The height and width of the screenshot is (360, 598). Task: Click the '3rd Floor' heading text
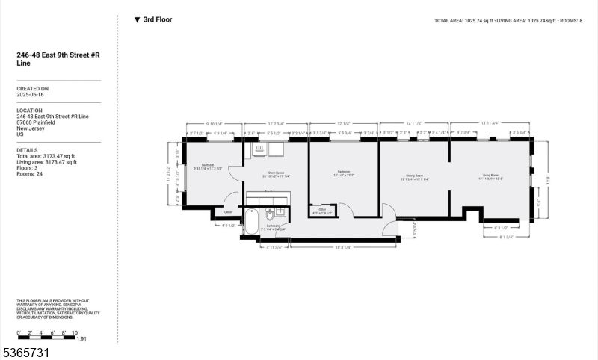coord(158,20)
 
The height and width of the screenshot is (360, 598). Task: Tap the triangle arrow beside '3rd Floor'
coord(137,20)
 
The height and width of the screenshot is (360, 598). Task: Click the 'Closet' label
coord(228,211)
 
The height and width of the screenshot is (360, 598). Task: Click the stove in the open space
coord(260,149)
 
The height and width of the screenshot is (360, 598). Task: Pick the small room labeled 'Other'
coord(322,211)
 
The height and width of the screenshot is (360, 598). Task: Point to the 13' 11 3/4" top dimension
coord(490,123)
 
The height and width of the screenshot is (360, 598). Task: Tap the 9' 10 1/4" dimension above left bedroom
coord(213,123)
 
